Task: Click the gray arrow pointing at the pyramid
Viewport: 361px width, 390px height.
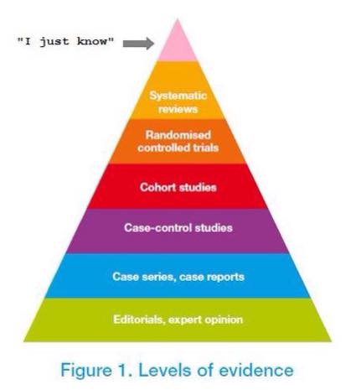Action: (x=138, y=44)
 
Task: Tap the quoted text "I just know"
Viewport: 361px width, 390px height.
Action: (x=66, y=42)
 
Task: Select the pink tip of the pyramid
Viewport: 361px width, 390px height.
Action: (x=178, y=39)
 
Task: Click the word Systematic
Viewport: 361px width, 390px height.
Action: (x=178, y=96)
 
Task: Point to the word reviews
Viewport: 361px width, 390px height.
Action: (x=178, y=109)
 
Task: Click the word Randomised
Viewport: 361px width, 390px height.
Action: (x=178, y=135)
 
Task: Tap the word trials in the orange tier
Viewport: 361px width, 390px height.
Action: (x=206, y=148)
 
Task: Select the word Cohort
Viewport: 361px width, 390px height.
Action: (x=158, y=187)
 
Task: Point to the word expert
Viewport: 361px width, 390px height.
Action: (x=184, y=320)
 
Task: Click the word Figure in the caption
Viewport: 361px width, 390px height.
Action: (x=86, y=371)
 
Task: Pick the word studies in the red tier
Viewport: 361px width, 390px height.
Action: (x=198, y=187)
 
